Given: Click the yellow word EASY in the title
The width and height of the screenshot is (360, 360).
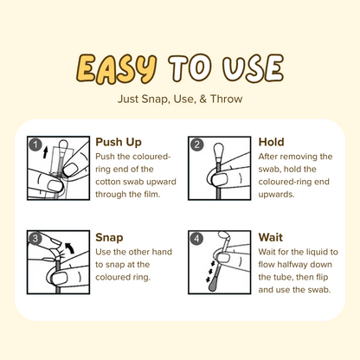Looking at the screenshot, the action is [x=117, y=68].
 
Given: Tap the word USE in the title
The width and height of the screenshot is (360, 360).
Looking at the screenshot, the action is [x=253, y=67].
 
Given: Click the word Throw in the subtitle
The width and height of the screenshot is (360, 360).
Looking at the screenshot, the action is [x=226, y=99].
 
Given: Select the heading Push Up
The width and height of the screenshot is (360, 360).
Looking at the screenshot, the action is [x=119, y=142].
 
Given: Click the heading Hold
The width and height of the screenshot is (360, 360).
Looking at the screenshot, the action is [x=272, y=142].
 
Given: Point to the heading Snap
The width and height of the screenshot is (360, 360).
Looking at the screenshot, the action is [x=109, y=238].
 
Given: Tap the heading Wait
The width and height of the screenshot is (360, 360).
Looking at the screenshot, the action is [x=271, y=237].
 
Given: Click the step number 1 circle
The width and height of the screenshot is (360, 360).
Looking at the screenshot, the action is [x=35, y=145].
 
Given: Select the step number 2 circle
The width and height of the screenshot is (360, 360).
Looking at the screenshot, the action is [x=196, y=145].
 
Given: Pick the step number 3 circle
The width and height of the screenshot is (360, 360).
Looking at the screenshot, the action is [x=35, y=239].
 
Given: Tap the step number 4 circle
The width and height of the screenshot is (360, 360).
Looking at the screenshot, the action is [x=196, y=239].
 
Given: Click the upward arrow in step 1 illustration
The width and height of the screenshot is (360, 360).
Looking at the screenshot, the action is [x=45, y=151].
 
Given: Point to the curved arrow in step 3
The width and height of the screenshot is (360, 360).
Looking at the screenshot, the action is [x=69, y=247].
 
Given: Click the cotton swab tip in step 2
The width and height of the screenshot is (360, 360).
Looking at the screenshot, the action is [x=219, y=151].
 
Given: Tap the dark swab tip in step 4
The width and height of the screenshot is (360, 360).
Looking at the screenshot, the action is [x=214, y=286].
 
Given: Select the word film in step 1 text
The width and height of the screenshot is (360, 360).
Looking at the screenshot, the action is [x=151, y=194].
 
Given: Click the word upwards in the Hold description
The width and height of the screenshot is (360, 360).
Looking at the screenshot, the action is [x=276, y=195].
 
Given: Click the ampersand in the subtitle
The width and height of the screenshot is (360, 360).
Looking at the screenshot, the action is [x=203, y=100].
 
